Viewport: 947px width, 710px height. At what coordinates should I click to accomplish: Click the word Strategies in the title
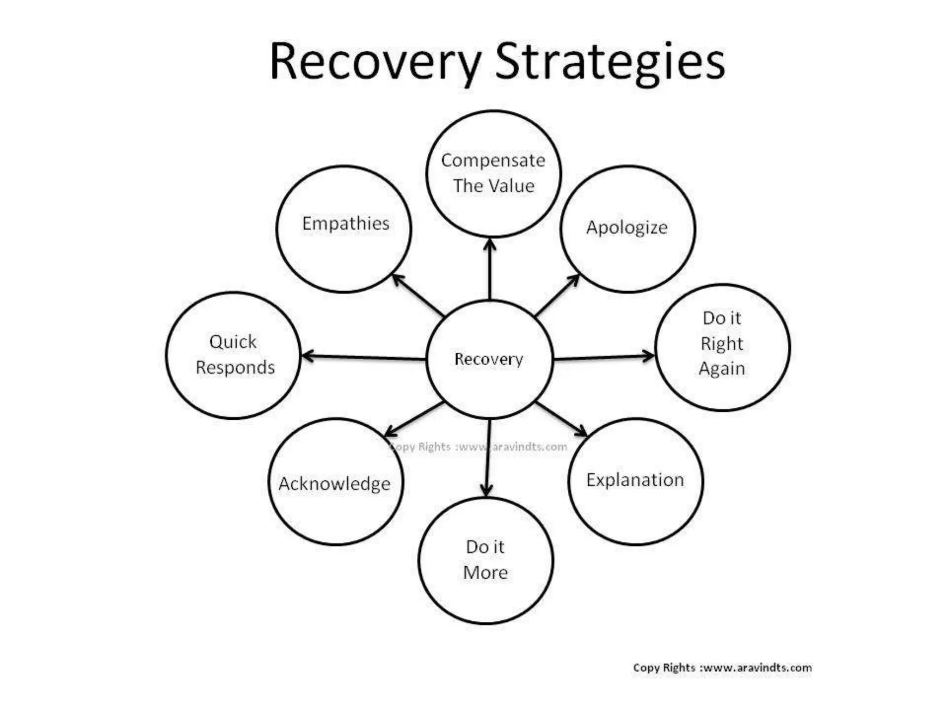tap(609, 62)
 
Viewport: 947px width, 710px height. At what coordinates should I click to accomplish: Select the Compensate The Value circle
tap(493, 173)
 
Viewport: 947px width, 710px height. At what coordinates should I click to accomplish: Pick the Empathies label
tap(345, 224)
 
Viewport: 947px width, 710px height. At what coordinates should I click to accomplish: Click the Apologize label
tap(627, 227)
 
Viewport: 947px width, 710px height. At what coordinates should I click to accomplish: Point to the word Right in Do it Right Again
tap(721, 344)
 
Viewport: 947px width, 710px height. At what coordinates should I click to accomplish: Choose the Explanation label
tap(635, 480)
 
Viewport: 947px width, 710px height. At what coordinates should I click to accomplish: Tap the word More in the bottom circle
tap(485, 573)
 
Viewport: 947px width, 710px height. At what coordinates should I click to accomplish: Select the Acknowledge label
tap(334, 484)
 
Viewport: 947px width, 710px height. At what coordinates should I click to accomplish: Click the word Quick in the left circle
tap(233, 342)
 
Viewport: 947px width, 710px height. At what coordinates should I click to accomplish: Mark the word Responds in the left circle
tap(235, 367)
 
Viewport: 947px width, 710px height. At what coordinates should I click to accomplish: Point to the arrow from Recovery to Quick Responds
tap(363, 357)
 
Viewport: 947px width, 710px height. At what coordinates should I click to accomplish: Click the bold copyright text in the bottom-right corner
tap(722, 667)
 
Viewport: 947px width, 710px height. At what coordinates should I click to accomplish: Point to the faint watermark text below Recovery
tap(478, 447)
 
